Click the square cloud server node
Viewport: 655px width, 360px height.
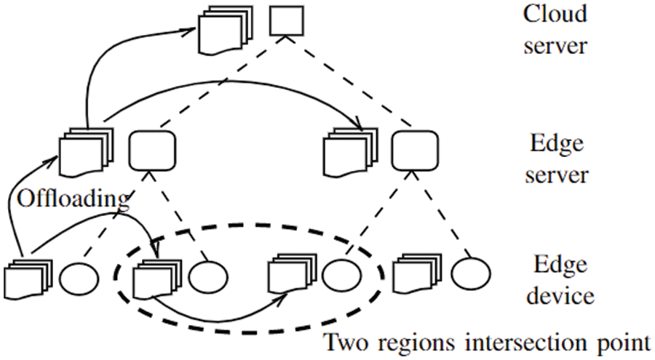282,22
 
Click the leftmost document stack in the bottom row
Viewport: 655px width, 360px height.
28,278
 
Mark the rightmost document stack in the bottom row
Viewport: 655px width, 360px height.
416,276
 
